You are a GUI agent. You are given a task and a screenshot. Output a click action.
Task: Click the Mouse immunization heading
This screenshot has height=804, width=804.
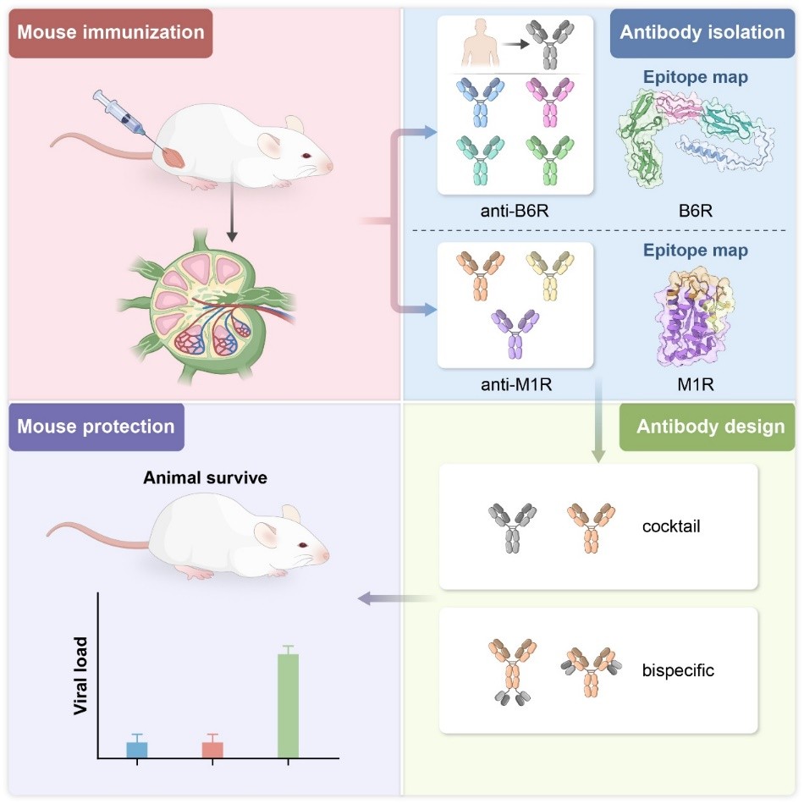pyautogui.click(x=111, y=33)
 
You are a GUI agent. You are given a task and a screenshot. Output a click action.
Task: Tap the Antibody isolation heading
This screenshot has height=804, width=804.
pyautogui.click(x=702, y=33)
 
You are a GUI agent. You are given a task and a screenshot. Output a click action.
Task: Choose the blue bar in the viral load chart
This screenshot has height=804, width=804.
pyautogui.click(x=137, y=749)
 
